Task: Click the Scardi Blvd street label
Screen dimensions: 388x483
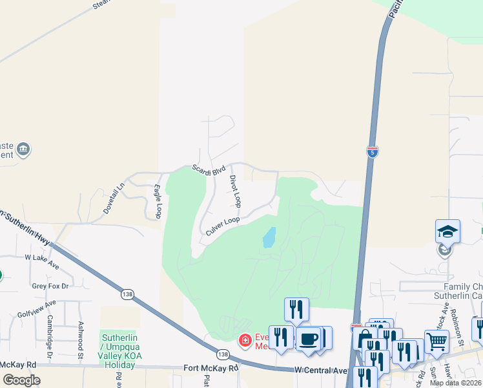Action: coord(209,171)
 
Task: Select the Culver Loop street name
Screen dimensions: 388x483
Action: coord(223,225)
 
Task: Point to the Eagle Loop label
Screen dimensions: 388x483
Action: coord(158,200)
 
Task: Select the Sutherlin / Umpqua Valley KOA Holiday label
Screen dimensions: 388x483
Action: coord(118,350)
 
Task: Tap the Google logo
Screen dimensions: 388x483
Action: coord(21,380)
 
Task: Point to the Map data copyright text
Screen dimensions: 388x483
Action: coord(456,383)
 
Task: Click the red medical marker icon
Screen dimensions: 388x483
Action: coord(245,339)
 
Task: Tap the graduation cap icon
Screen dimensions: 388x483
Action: coord(447,231)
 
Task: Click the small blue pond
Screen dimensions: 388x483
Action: coord(269,237)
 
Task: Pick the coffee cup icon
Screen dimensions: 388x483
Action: coord(309,338)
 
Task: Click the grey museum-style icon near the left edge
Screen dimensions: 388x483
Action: coord(23,150)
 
